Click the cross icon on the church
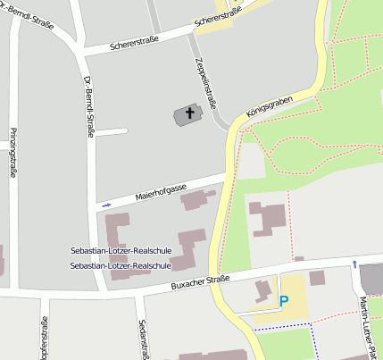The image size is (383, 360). pyautogui.click(x=188, y=114)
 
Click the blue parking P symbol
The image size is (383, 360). pyautogui.click(x=284, y=302)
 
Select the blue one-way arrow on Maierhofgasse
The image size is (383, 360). pyautogui.click(x=107, y=205)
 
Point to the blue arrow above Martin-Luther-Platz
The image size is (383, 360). pyautogui.click(x=355, y=264)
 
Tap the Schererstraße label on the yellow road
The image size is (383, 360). pyautogui.click(x=219, y=19)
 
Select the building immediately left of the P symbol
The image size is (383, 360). pyautogui.click(x=262, y=290)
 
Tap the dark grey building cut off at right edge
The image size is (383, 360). pyautogui.click(x=372, y=279)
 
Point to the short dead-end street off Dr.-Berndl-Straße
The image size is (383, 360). pyautogui.click(x=112, y=133)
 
